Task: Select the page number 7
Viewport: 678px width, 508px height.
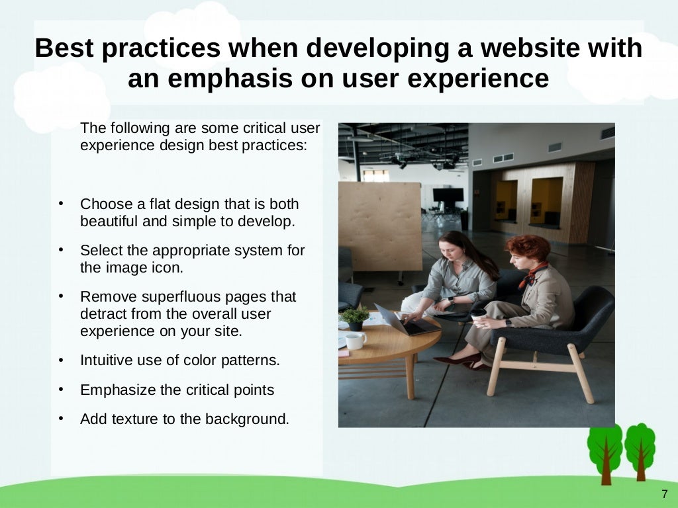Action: click(664, 495)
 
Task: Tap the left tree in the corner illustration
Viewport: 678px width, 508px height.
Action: click(605, 450)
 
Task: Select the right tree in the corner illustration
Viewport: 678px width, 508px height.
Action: click(640, 446)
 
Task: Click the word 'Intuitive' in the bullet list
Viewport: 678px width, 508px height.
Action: click(108, 360)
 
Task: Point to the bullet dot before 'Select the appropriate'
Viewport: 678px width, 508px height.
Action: click(61, 250)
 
